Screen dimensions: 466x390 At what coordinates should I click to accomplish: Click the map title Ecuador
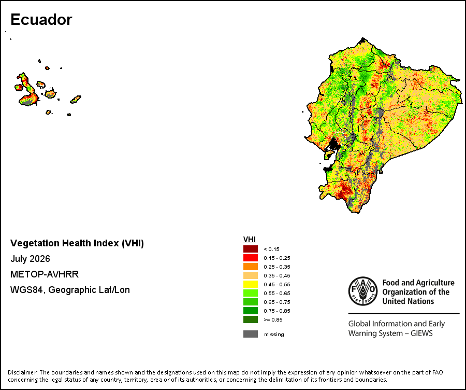click(x=41, y=20)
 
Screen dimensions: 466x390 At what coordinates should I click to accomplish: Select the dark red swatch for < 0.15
click(x=251, y=249)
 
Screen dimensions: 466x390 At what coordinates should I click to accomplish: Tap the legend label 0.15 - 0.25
click(x=277, y=258)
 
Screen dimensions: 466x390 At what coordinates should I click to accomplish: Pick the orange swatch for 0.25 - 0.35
click(x=251, y=267)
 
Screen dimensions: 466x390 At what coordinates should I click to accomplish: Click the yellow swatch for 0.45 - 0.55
click(x=251, y=284)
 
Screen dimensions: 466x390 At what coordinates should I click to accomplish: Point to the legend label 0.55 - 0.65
click(x=277, y=293)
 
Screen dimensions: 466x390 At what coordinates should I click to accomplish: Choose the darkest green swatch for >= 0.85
click(x=251, y=319)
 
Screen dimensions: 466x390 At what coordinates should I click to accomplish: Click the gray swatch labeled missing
click(x=251, y=334)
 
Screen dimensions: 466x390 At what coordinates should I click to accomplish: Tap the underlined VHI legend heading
click(x=250, y=240)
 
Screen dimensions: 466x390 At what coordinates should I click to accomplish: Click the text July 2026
click(x=31, y=259)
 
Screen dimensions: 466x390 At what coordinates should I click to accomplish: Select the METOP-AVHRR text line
click(x=45, y=274)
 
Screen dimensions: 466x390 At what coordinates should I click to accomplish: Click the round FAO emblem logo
click(x=363, y=291)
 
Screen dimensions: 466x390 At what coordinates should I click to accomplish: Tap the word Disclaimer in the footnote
click(x=23, y=372)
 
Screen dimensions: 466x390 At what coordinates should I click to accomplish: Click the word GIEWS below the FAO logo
click(x=421, y=333)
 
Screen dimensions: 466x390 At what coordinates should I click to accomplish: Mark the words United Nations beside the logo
click(x=408, y=301)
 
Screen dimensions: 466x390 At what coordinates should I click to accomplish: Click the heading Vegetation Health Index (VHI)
click(x=77, y=243)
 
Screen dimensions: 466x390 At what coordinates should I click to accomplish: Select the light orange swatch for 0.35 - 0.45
click(x=251, y=275)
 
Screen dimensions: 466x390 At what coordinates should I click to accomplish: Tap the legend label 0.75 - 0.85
click(x=277, y=311)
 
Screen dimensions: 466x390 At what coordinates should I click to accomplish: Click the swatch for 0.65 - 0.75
click(x=251, y=302)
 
